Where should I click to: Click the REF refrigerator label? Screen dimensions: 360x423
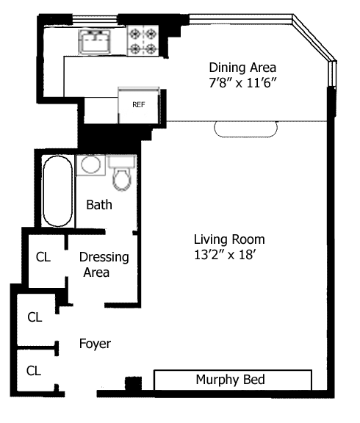pyautogui.click(x=138, y=105)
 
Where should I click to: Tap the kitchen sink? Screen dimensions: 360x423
pyautogui.click(x=95, y=42)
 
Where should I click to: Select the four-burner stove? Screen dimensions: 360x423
pyautogui.click(x=143, y=40)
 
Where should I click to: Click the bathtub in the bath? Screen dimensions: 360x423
pyautogui.click(x=58, y=191)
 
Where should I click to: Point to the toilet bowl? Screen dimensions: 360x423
pyautogui.click(x=122, y=180)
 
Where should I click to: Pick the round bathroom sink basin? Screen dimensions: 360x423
pyautogui.click(x=91, y=164)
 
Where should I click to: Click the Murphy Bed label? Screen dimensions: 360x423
pyautogui.click(x=230, y=380)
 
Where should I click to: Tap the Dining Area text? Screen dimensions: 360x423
pyautogui.click(x=242, y=68)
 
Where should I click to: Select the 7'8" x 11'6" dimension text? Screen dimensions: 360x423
pyautogui.click(x=243, y=82)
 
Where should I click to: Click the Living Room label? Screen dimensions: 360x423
pyautogui.click(x=229, y=239)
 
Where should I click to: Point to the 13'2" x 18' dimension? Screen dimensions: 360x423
pyautogui.click(x=225, y=254)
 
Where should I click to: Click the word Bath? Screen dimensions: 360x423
pyautogui.click(x=99, y=205)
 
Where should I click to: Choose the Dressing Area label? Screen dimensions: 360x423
pyautogui.click(x=104, y=264)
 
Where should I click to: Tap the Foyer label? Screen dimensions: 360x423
pyautogui.click(x=95, y=344)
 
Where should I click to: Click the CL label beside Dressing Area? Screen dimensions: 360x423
pyautogui.click(x=43, y=257)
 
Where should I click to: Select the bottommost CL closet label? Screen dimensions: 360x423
pyautogui.click(x=34, y=371)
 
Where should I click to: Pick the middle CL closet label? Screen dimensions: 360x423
pyautogui.click(x=35, y=317)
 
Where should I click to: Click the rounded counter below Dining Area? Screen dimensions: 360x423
pyautogui.click(x=246, y=129)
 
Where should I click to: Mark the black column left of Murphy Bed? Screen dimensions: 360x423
pyautogui.click(x=133, y=383)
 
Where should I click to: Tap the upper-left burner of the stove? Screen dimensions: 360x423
pyautogui.click(x=134, y=34)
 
